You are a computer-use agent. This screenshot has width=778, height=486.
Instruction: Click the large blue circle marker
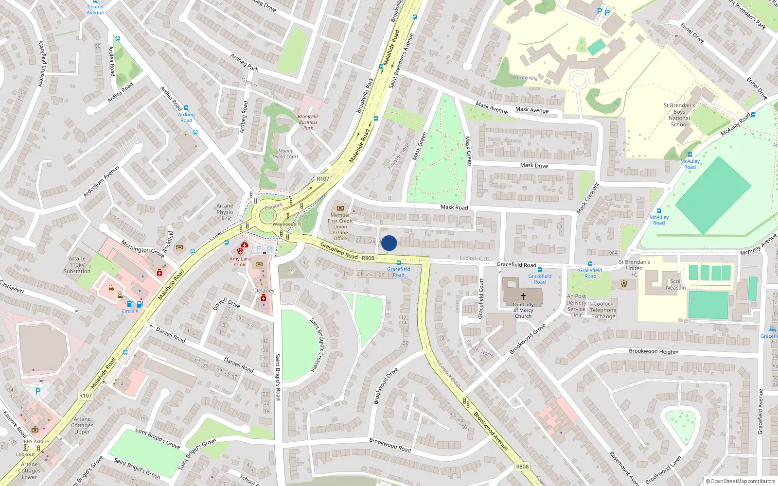coord(389,243)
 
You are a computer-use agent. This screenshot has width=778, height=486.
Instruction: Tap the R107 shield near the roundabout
coord(323,179)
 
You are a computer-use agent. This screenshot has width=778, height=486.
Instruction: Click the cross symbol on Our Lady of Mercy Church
coord(523,296)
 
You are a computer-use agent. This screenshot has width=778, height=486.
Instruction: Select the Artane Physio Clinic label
coord(225,212)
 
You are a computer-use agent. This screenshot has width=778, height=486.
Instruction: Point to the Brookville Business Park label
coord(308,122)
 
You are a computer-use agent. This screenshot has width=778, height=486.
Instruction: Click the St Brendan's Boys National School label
coord(679,115)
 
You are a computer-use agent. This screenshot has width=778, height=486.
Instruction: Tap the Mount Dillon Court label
coord(285,154)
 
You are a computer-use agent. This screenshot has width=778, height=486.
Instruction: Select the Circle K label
coord(130,311)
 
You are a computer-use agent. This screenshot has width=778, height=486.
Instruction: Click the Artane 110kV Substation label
coord(77,265)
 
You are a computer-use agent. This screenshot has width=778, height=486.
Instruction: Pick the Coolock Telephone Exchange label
coord(603,310)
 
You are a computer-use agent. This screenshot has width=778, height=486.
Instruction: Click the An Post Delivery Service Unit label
coord(576,306)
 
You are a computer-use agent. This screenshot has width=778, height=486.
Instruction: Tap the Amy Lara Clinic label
coord(240,261)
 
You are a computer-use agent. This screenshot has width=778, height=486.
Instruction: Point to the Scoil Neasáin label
coord(676,284)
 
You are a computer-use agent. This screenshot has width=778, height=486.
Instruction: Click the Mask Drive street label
coord(534,165)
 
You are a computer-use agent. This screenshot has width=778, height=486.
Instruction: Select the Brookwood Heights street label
coord(654,351)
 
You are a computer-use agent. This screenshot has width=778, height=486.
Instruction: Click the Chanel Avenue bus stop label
coord(95,9)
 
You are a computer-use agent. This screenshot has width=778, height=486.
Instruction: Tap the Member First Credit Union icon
coord(340,208)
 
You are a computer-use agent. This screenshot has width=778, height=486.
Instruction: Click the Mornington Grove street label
coord(142,248)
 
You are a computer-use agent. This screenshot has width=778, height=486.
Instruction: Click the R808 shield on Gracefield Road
coord(368,258)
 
